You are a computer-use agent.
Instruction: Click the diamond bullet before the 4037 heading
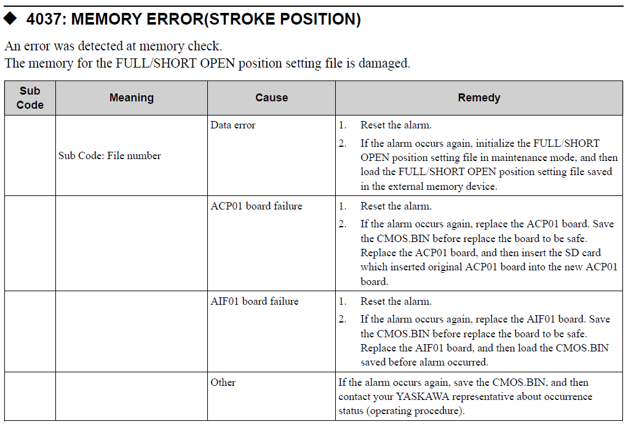11,19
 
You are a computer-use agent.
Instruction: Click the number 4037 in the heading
46,19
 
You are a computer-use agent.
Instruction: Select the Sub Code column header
30,98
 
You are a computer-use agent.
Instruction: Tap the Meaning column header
131,98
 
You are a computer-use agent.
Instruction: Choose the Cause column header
271,98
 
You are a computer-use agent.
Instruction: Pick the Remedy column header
479,98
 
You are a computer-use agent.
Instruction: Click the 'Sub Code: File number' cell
109,156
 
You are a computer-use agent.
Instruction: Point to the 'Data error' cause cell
233,125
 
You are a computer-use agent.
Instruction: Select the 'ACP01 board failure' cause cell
256,206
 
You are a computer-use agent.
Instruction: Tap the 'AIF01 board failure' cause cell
255,302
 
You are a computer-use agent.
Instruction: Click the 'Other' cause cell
223,383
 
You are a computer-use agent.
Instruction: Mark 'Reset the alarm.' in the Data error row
396,125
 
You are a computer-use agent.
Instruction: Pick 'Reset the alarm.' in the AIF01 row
396,302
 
